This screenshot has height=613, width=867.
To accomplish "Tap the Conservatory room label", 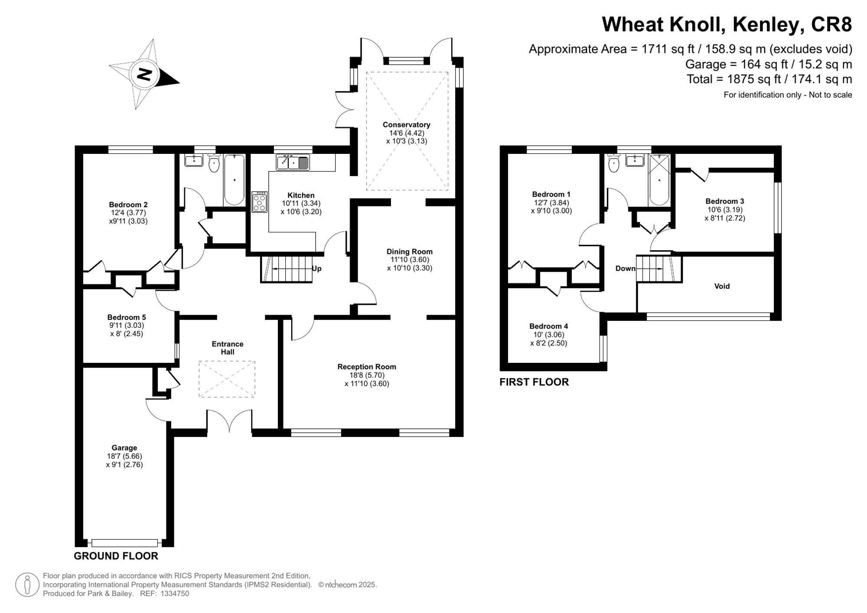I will tap(406, 125).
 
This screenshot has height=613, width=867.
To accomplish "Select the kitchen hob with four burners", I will tap(260, 202).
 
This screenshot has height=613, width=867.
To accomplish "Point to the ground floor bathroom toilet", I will tap(213, 163).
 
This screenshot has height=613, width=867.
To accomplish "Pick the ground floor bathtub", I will tap(234, 179).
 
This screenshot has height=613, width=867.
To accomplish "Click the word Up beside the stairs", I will tap(317, 268).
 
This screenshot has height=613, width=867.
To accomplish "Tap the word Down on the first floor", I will tap(625, 268).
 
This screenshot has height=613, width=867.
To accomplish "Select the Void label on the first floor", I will tap(722, 286).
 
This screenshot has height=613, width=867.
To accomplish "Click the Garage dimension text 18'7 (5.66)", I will tap(124, 456).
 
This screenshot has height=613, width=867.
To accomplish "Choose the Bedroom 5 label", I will tap(127, 317).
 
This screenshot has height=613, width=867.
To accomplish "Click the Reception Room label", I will tap(367, 367).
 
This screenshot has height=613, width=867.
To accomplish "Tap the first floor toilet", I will tap(614, 163).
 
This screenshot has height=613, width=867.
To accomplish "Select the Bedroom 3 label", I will tap(724, 201).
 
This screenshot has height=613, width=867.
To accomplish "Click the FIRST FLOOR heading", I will tap(534, 382).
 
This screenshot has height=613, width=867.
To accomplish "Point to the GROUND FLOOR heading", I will tap(116, 556).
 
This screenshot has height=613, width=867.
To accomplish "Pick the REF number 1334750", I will tap(175, 593).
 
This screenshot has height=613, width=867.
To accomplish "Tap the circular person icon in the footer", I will tap(27, 584).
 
